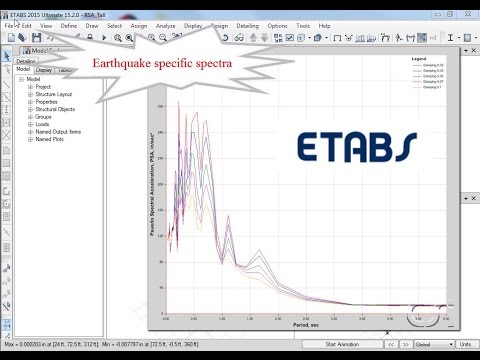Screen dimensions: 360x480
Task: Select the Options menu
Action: (x=276, y=25)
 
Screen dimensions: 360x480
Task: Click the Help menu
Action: (x=324, y=25)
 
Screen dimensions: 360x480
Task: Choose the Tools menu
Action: (x=302, y=25)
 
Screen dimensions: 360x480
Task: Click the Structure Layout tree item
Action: (x=55, y=93)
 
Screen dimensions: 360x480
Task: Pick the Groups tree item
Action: (x=44, y=117)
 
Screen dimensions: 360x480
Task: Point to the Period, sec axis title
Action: (x=306, y=324)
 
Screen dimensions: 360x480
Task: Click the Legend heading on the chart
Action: (x=420, y=60)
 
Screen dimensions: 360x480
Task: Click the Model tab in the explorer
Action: (x=23, y=70)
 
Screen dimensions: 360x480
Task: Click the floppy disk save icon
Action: (x=37, y=37)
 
